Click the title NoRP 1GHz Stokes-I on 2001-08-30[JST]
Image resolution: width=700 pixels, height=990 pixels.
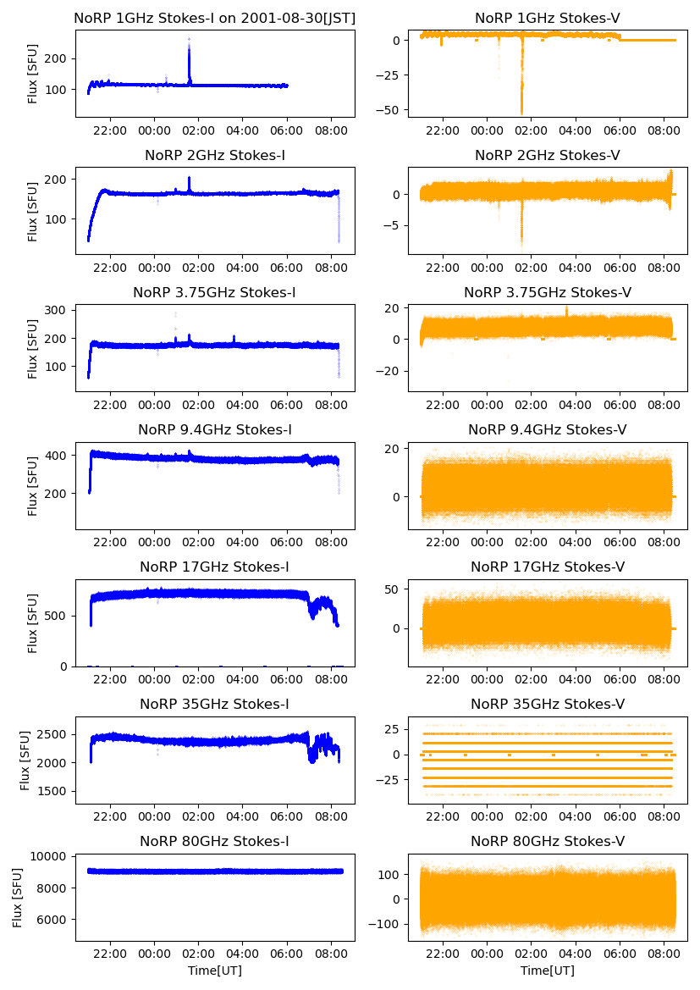(215, 18)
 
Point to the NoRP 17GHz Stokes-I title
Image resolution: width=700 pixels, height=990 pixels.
(215, 567)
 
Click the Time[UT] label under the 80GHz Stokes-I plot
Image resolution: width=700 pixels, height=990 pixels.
(215, 971)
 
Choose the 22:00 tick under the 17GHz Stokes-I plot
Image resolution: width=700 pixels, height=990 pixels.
(110, 679)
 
